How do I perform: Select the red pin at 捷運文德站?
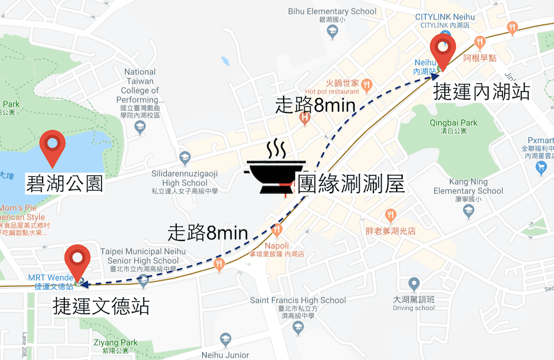(x=77, y=261)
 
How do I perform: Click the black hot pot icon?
(x=275, y=169)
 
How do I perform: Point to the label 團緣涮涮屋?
(x=351, y=183)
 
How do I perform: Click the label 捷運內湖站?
(x=481, y=91)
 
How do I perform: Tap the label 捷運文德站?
(x=101, y=306)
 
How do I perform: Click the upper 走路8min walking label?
(x=315, y=105)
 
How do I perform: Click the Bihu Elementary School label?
(x=332, y=12)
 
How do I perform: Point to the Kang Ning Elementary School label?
(x=469, y=186)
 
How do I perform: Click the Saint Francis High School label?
(x=298, y=300)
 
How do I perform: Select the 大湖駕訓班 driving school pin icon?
(x=414, y=284)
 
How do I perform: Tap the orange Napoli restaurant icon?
(x=277, y=229)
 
